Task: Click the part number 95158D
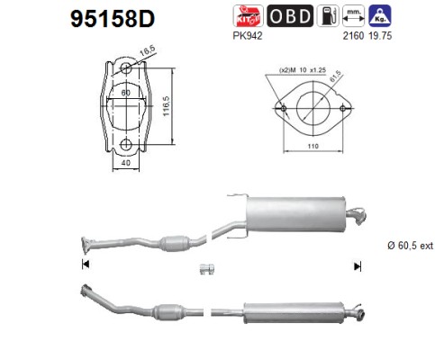[x=113, y=19]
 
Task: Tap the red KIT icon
[x=248, y=16]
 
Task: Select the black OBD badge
[x=290, y=16]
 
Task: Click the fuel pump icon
[x=328, y=16]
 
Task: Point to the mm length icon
[x=354, y=16]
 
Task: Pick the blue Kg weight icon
[x=380, y=16]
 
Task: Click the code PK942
[x=248, y=36]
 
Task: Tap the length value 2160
[x=353, y=36]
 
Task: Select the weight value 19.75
[x=380, y=36]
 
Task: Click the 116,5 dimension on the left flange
[x=166, y=106]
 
